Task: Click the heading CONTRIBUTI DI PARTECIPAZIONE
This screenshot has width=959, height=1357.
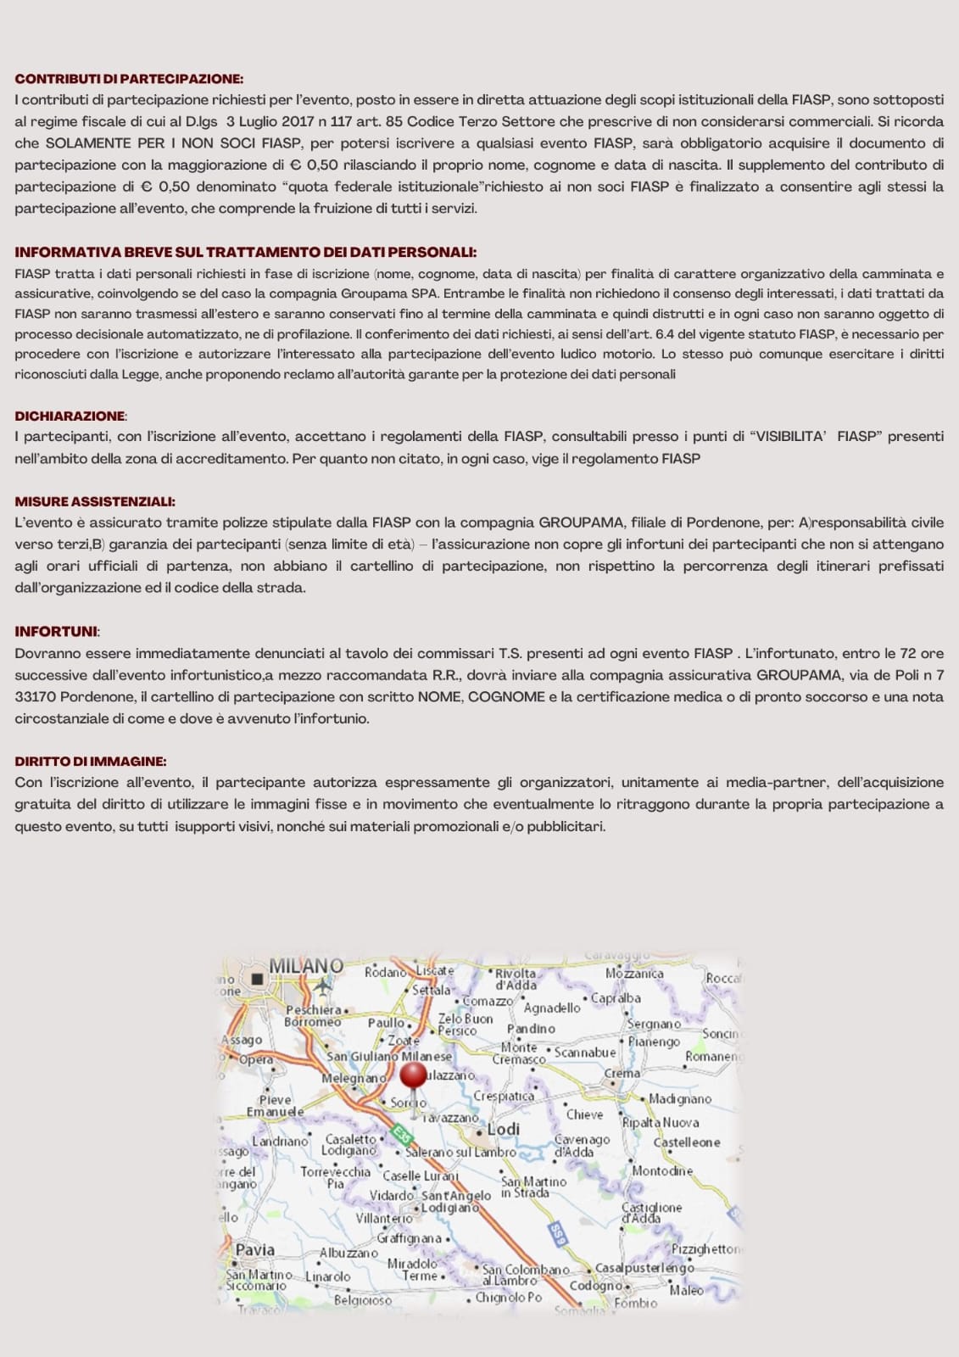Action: [x=129, y=79]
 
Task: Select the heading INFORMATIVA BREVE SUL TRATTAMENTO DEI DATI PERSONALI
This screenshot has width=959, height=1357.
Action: [x=245, y=252]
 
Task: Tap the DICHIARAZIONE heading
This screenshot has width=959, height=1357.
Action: [x=70, y=416]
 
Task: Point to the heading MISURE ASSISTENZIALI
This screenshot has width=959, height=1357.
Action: [x=95, y=501]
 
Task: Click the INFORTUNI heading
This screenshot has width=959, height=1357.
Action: [x=56, y=631]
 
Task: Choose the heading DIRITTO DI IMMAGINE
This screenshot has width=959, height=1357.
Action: [x=90, y=761]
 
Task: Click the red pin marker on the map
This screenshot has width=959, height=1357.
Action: [x=413, y=1075]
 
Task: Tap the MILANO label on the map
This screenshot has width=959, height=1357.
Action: [x=306, y=966]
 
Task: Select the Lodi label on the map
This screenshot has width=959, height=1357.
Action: [x=504, y=1129]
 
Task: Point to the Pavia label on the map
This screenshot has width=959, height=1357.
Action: [x=254, y=1249]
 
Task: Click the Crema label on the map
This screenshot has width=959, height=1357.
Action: [x=622, y=1073]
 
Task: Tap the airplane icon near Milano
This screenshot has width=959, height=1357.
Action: [x=322, y=986]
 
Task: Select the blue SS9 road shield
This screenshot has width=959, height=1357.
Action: [x=556, y=1234]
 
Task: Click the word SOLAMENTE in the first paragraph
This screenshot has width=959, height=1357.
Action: [x=88, y=143]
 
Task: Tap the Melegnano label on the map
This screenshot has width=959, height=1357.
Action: [x=354, y=1077]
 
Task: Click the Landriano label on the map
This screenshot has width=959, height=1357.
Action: [x=280, y=1142]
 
